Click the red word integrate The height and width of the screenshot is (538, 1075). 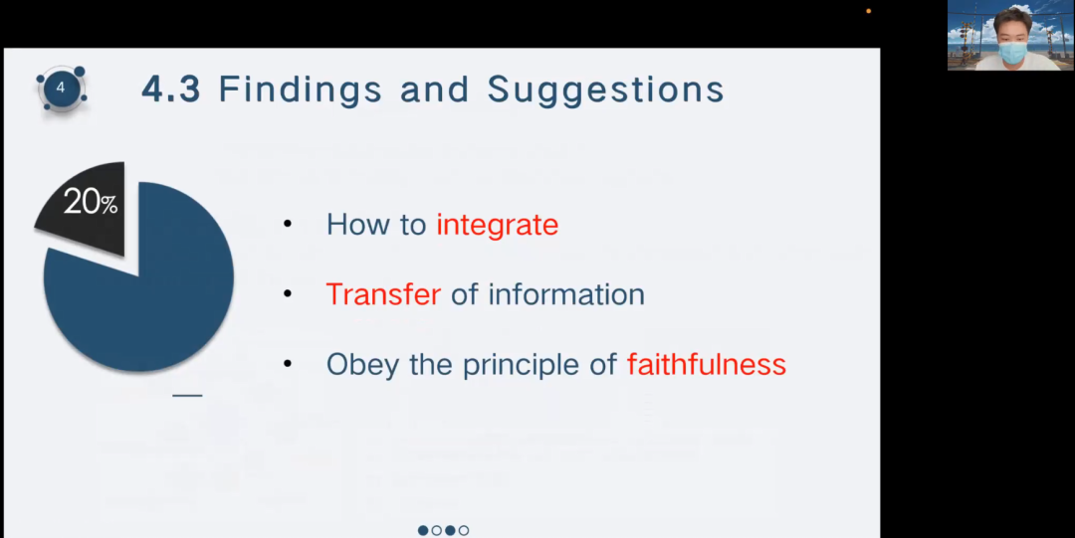497,225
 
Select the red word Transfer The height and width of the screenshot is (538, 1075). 383,294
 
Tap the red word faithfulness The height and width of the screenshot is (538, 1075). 706,364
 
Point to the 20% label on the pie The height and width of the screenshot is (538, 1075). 91,203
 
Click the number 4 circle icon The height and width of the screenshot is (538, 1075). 61,89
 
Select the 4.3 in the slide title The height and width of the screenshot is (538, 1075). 171,90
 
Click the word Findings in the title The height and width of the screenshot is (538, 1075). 300,90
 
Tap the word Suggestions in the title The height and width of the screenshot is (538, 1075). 606,90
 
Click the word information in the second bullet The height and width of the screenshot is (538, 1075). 566,294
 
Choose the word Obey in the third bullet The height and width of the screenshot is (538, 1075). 362,365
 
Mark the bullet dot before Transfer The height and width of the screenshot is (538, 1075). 288,294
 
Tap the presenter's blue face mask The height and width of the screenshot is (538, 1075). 1012,52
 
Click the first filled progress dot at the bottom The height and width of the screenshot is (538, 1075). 423,530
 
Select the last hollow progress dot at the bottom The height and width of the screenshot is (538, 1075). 464,530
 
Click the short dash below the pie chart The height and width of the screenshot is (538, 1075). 187,396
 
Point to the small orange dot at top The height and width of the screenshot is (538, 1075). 869,11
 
